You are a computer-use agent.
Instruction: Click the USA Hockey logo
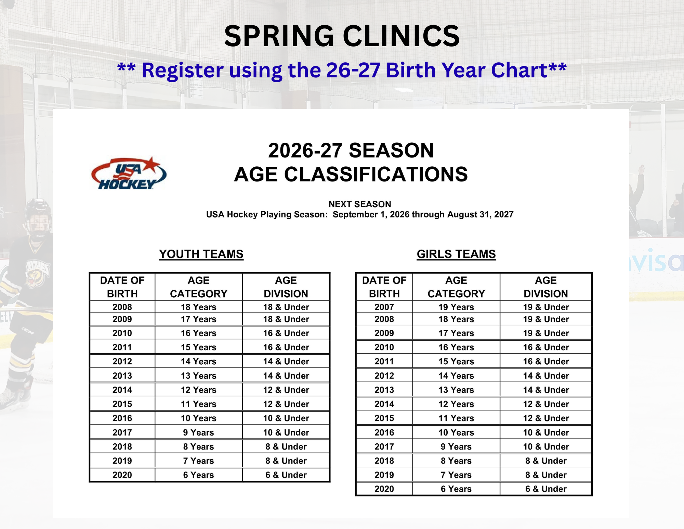(x=129, y=174)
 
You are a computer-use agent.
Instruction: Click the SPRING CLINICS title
(x=342, y=36)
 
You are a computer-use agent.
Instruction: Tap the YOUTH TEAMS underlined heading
(x=201, y=254)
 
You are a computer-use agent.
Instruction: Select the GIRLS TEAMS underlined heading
(x=456, y=254)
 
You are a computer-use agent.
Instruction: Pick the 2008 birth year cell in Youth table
(x=122, y=307)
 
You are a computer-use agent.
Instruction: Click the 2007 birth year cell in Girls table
(x=384, y=307)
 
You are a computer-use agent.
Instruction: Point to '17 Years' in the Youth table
(x=198, y=319)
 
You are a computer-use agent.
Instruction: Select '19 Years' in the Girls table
(x=456, y=307)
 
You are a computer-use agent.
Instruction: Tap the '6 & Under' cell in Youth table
(x=286, y=475)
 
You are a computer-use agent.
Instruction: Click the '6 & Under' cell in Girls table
(x=546, y=489)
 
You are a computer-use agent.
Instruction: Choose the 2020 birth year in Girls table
(x=384, y=489)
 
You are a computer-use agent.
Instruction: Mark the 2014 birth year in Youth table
(x=122, y=390)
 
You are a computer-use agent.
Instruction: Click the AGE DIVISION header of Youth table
(x=286, y=287)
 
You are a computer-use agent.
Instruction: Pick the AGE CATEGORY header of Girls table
(x=456, y=287)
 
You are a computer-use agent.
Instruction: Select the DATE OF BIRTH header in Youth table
(x=122, y=287)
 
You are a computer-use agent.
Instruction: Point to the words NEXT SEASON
(x=360, y=204)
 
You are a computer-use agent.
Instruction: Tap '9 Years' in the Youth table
(x=198, y=432)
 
